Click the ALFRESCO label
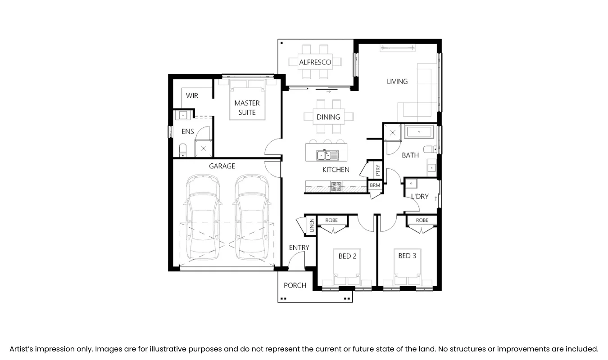click(x=315, y=62)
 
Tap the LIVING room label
click(x=397, y=81)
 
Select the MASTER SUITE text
click(x=247, y=108)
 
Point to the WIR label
click(x=192, y=96)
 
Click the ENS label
click(x=187, y=131)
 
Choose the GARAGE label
click(x=222, y=166)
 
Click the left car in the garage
click(x=203, y=218)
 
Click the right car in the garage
click(x=252, y=218)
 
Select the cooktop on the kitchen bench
click(x=336, y=186)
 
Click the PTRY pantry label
click(x=377, y=170)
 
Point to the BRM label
click(x=375, y=185)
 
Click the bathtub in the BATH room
click(x=419, y=132)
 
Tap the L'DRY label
click(x=419, y=197)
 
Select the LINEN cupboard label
click(x=311, y=225)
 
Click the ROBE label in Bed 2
click(x=331, y=220)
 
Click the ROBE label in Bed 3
click(x=422, y=220)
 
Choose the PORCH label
click(x=295, y=285)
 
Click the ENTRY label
click(x=299, y=247)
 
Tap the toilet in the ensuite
click(x=183, y=149)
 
